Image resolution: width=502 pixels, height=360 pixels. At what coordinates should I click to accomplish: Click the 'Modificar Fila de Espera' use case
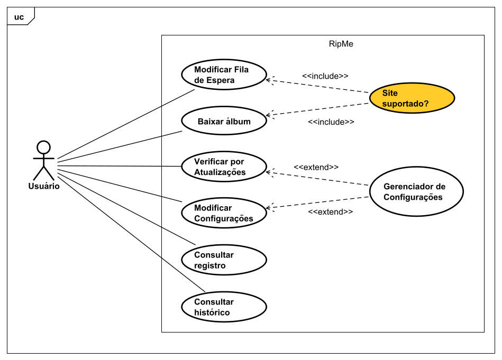pos(224,75)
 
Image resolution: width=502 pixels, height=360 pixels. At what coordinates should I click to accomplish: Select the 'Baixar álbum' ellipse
pos(224,121)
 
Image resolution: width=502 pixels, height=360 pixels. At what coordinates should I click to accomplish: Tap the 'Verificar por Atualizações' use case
pos(224,167)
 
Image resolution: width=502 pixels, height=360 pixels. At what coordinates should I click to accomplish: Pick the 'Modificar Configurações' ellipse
pos(224,213)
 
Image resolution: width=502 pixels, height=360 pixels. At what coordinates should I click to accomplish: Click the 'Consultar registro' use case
pos(224,260)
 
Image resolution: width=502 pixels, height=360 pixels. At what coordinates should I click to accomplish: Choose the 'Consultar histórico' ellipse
pos(224,307)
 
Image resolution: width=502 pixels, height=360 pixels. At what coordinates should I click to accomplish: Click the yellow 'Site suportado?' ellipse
pos(412,98)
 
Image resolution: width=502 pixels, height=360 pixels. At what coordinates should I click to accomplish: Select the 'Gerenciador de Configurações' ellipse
pos(416,191)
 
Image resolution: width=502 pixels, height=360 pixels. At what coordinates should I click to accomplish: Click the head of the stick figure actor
pos(43,147)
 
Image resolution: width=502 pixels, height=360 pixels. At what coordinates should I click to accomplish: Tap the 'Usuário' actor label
pos(44,186)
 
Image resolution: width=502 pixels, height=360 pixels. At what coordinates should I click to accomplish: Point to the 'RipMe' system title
pos(341,44)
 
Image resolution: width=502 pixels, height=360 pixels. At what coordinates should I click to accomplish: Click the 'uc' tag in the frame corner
pos(19,17)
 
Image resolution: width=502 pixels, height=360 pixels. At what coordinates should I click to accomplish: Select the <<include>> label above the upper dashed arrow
pos(325,76)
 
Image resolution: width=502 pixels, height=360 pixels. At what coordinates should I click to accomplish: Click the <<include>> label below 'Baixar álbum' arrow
pos(331,122)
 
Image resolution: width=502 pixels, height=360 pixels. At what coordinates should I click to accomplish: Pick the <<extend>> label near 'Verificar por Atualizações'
pos(316,168)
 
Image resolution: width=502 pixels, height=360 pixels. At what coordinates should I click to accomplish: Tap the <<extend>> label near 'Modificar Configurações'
pos(331,212)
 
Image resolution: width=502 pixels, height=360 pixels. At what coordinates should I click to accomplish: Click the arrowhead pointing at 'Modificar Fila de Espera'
pos(268,80)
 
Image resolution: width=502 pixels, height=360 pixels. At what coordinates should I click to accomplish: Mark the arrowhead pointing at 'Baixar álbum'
pos(268,115)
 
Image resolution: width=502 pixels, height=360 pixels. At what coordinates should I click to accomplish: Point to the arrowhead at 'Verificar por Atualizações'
pos(268,172)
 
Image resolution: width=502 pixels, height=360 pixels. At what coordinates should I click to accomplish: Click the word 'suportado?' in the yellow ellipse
pos(405,104)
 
